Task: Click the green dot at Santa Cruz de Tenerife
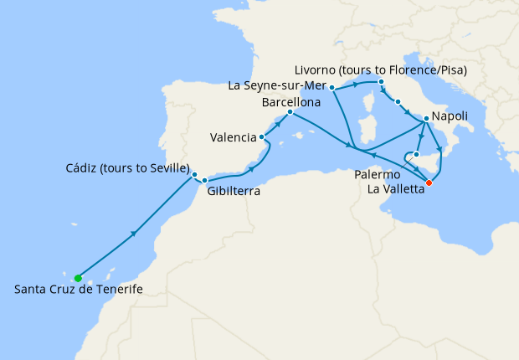coord(78,278)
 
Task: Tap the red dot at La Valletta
coord(429,182)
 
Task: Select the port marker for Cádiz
coord(195,175)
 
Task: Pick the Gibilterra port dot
coord(204,180)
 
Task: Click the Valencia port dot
coord(263,136)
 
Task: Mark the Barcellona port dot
coord(290,112)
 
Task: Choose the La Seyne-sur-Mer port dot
coord(332,87)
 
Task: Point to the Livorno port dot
coord(381,82)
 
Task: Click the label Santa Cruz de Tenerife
coord(79,290)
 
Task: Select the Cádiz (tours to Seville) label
coord(127,167)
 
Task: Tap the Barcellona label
coord(291,101)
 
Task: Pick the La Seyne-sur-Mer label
coord(277,85)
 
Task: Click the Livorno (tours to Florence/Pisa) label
coord(381,69)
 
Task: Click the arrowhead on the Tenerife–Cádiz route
coord(133,234)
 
